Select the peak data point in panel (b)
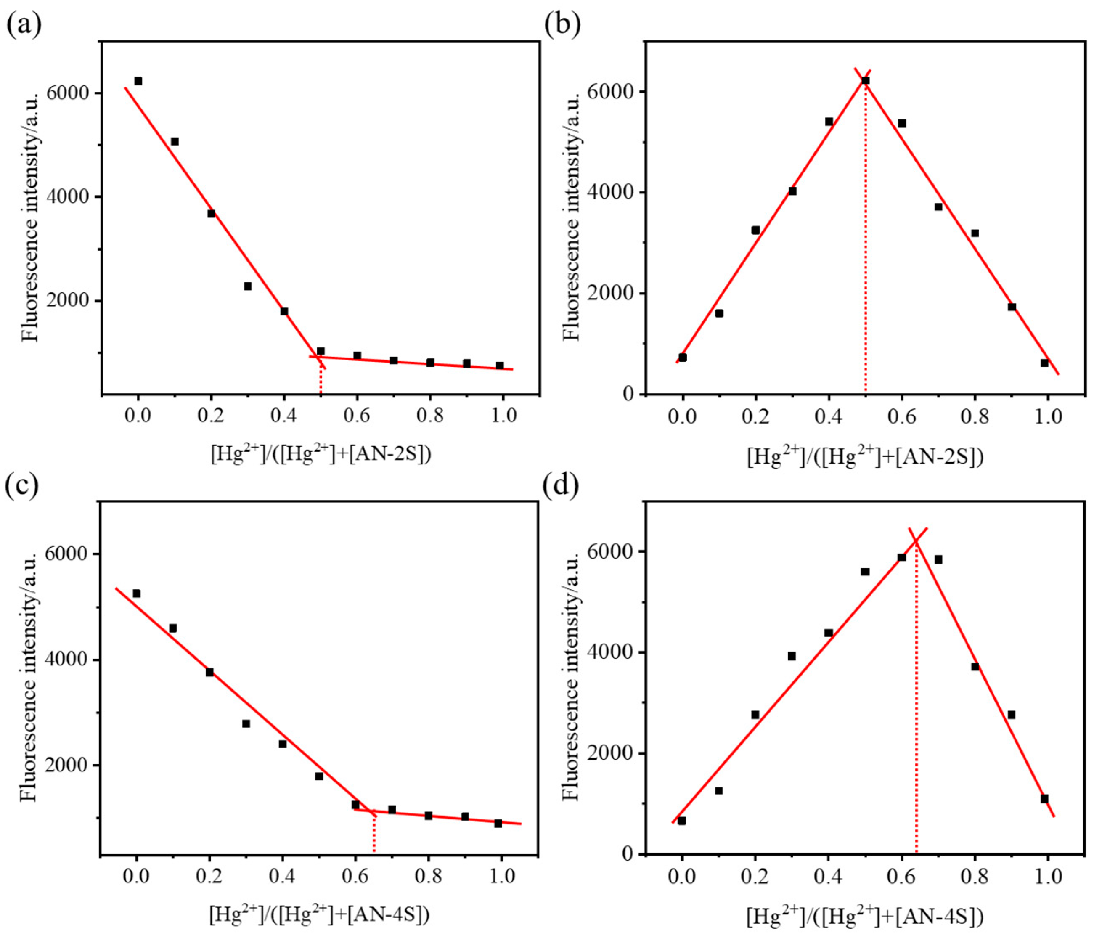(865, 80)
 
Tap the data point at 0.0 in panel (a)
(138, 81)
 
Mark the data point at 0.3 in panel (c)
(246, 723)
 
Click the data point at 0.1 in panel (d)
(718, 791)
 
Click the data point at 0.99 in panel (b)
(1044, 363)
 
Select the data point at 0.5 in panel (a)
(321, 351)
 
